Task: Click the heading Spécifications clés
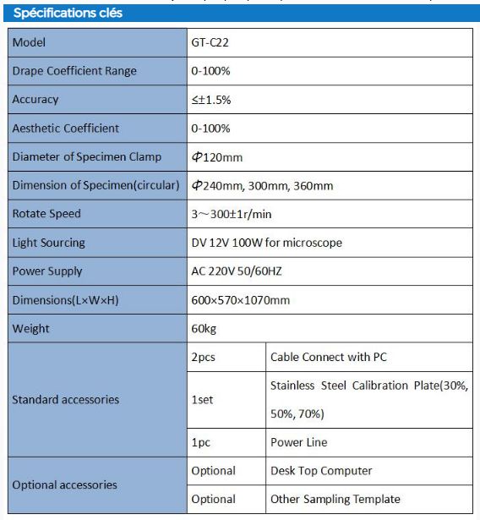point(68,14)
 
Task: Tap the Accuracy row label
point(35,100)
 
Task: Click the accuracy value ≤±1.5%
point(211,100)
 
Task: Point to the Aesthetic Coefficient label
point(66,129)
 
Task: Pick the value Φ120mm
point(216,157)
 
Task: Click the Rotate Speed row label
point(47,214)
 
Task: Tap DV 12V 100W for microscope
point(266,243)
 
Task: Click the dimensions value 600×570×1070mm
point(240,300)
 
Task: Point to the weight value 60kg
point(205,329)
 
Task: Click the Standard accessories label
point(66,399)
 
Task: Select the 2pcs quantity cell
point(204,357)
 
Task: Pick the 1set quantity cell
point(202,399)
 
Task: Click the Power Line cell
point(298,442)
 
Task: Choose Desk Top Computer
point(321,470)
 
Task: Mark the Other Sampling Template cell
point(335,499)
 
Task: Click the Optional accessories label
point(65,484)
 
